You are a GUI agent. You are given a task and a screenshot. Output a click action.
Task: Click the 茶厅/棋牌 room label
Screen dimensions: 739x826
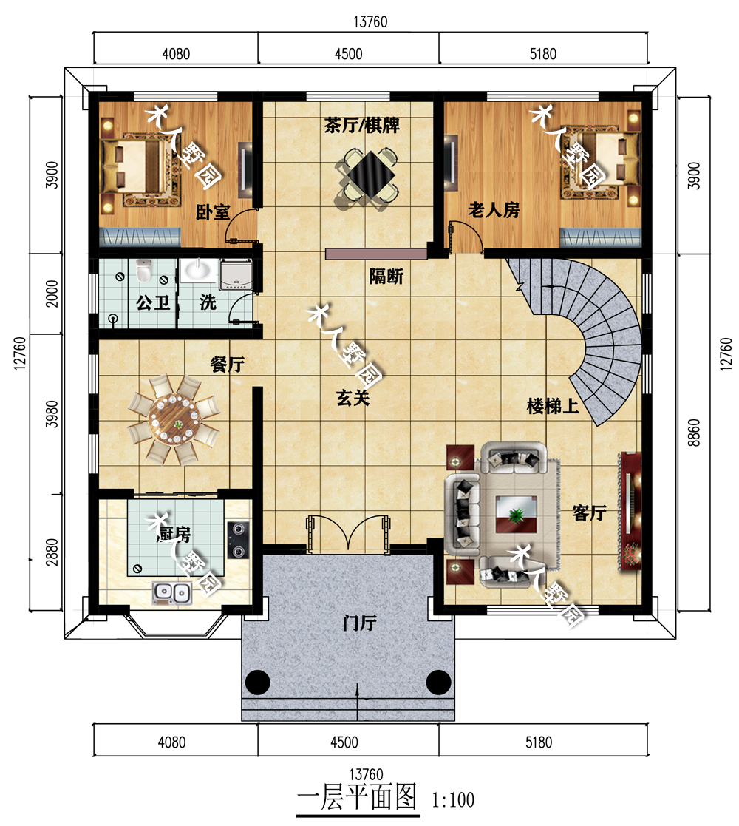[x=361, y=126]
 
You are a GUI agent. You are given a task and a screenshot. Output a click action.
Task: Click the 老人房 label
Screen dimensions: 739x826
[x=494, y=210]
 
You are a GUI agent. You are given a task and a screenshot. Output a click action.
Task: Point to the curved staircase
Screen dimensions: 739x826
[x=600, y=337]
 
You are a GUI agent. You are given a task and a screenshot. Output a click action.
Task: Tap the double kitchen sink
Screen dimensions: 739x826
[x=171, y=592]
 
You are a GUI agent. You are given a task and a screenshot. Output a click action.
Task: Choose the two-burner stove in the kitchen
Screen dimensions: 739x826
[x=238, y=539]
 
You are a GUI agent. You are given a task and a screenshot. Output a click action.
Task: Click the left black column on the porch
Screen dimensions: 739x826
[x=258, y=683]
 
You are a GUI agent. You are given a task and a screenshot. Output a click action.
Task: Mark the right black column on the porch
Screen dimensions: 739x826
[x=438, y=683]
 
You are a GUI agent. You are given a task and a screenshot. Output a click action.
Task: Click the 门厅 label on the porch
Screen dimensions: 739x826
[x=359, y=623]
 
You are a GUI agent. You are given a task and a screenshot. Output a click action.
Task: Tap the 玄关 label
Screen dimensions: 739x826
[x=353, y=398]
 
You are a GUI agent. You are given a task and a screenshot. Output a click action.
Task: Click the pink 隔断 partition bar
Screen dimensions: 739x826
[x=376, y=254]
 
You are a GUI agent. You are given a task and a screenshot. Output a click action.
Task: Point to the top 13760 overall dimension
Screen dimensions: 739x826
[x=370, y=21]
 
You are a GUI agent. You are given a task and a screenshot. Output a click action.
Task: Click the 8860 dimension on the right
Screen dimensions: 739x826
[x=694, y=433]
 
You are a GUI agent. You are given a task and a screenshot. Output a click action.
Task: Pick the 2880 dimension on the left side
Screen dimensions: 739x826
[x=52, y=552]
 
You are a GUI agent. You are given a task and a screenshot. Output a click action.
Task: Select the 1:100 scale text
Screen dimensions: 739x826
[x=453, y=801]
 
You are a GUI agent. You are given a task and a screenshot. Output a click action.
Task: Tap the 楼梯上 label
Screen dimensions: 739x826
[x=553, y=406]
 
